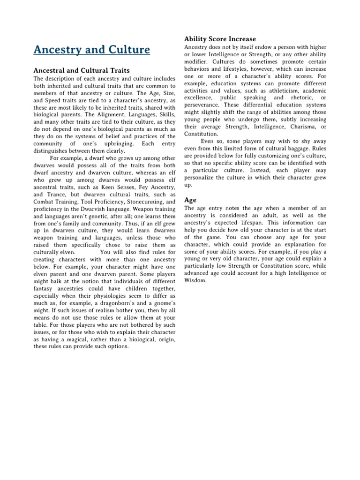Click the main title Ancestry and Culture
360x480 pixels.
[92, 50]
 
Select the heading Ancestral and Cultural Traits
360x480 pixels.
[82, 70]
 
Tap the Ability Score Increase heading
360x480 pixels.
[220, 39]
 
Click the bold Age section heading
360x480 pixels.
[190, 200]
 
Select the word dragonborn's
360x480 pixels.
[128, 303]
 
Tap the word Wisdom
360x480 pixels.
[196, 280]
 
